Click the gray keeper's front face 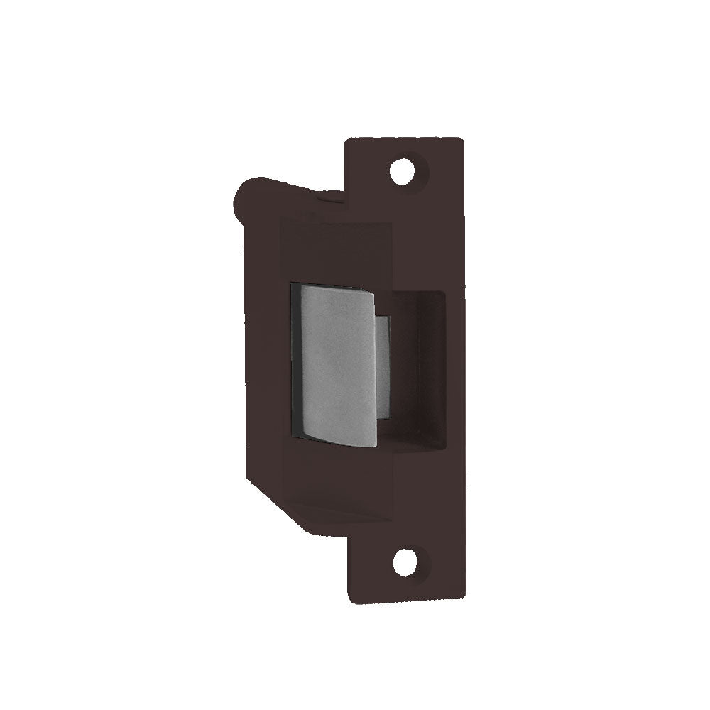point(337,362)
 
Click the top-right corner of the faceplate point(462,141)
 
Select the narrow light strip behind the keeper point(382,366)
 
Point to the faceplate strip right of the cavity point(454,369)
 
